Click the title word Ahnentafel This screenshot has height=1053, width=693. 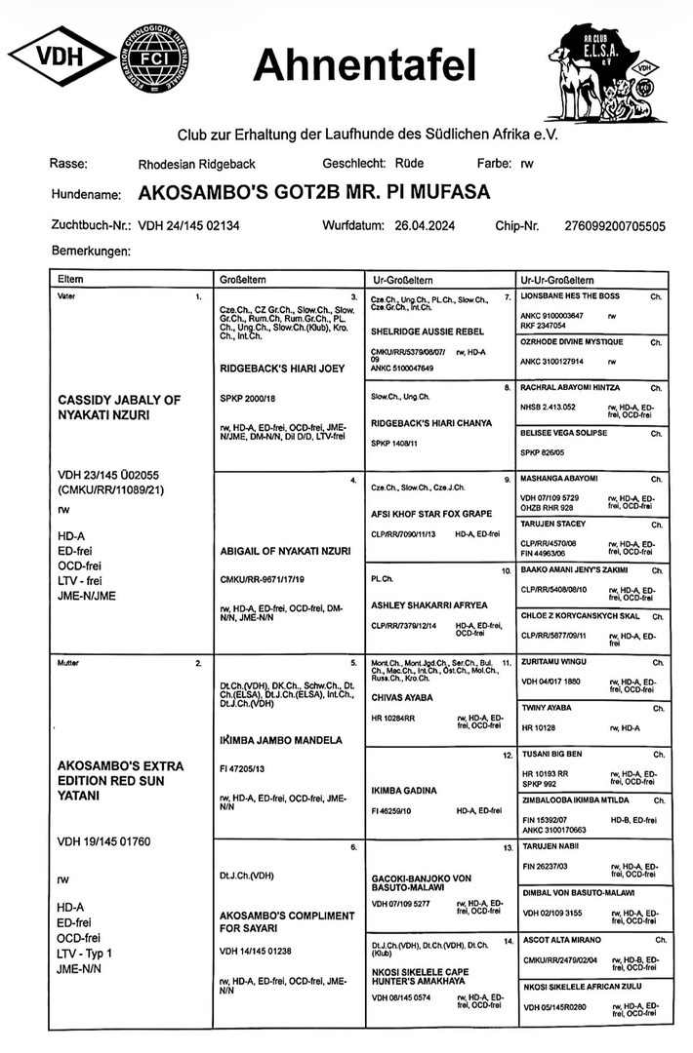tap(364, 65)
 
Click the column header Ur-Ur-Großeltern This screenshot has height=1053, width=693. tap(557, 279)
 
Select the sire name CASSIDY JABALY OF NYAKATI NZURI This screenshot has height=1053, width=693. tap(114, 408)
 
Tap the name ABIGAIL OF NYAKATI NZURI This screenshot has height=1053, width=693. tap(278, 549)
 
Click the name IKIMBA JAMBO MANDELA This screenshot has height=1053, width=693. tap(279, 739)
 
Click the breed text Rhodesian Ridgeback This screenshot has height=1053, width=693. tap(196, 164)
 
